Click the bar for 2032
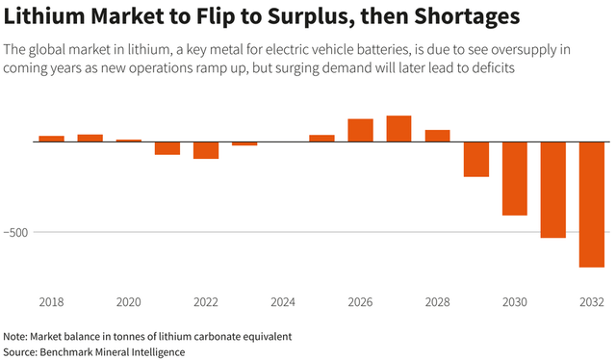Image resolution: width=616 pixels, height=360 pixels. (591, 204)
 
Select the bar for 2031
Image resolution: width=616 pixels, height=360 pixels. (552, 190)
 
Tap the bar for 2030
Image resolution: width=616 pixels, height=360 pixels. (514, 178)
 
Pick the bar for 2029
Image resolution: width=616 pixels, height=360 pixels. (475, 159)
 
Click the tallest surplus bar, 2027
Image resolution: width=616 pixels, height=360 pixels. (398, 129)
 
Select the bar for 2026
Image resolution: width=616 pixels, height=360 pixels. (360, 131)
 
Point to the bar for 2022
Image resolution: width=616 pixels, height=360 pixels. (206, 150)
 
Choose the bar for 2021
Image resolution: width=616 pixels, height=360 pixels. (167, 148)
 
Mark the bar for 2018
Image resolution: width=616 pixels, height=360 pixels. (52, 139)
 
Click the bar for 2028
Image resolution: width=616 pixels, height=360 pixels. (437, 136)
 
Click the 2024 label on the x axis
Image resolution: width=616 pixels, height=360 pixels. (283, 302)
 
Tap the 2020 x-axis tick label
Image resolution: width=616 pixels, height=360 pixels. (129, 302)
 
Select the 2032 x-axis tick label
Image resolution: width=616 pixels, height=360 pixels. (591, 302)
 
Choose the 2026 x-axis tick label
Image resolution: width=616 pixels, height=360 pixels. (360, 302)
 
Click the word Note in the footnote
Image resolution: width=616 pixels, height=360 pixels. (14, 337)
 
